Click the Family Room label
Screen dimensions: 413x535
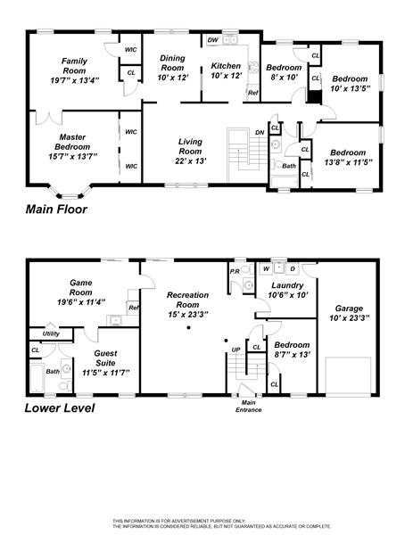74,66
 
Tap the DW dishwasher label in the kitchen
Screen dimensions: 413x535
212,40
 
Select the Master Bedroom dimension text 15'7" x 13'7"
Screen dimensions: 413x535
73,156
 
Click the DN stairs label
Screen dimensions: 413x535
260,132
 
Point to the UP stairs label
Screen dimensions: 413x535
235,350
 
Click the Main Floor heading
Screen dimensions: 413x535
56,209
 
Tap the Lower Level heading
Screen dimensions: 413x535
60,407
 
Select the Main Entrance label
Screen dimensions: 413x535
249,406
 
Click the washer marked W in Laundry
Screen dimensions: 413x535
266,268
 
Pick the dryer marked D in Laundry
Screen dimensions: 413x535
293,268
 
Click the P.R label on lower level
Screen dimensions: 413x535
235,272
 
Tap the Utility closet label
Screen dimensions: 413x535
51,333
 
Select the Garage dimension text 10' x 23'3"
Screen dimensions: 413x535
350,318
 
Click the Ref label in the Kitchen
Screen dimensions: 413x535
253,93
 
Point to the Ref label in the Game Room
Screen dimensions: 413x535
134,308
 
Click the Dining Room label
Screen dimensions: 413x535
172,62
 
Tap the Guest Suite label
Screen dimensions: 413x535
105,358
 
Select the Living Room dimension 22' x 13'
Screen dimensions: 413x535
191,160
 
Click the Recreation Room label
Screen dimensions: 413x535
187,300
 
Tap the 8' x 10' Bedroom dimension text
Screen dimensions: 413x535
285,77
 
